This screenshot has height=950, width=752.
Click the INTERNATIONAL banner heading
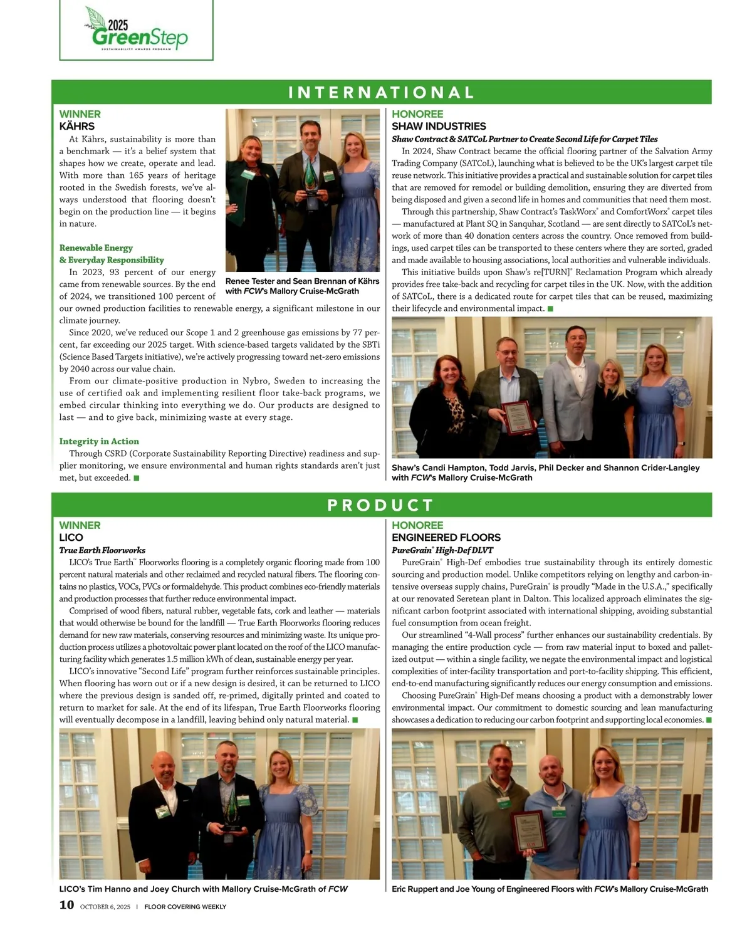tap(381, 93)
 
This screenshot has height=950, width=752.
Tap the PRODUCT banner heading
tap(381, 505)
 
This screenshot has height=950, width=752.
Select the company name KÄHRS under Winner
tap(77, 126)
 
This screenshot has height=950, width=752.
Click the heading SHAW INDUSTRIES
tap(439, 126)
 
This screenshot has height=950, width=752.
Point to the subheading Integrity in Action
tap(99, 441)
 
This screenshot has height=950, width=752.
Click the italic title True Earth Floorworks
tap(102, 550)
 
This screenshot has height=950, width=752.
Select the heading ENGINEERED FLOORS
tap(446, 537)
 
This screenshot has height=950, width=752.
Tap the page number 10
tap(66, 905)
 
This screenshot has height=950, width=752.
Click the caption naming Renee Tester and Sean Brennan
tap(302, 286)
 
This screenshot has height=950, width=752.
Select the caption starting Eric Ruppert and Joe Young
tap(550, 889)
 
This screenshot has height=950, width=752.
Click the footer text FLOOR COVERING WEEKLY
tap(185, 907)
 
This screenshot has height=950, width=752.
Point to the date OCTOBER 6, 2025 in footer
tap(105, 907)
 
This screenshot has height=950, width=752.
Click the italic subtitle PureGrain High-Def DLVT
tap(442, 550)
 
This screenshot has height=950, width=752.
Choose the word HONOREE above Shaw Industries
tap(417, 114)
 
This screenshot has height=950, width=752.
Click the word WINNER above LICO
tap(80, 525)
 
